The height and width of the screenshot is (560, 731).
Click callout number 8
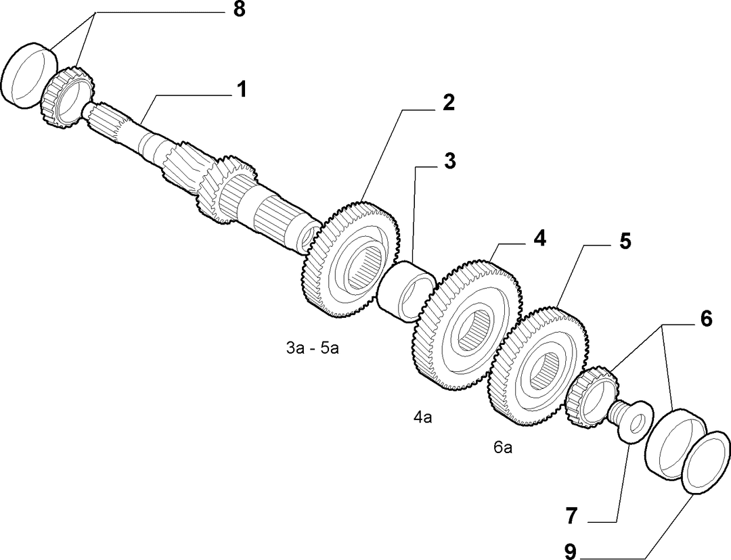point(239,9)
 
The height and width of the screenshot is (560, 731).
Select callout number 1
point(240,89)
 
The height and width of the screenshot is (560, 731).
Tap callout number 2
point(448,103)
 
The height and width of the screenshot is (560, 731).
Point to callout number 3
point(449,161)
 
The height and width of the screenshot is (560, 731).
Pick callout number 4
point(539,238)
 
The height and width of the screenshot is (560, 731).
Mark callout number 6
point(705,320)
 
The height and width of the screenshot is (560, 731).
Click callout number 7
point(571,516)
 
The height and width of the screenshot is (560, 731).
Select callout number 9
point(571,552)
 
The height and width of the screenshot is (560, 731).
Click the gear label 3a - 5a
point(312,348)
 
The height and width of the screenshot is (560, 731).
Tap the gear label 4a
point(423,417)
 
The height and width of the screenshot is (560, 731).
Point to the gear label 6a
point(503,448)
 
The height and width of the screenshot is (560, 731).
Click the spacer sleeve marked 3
point(405,292)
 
